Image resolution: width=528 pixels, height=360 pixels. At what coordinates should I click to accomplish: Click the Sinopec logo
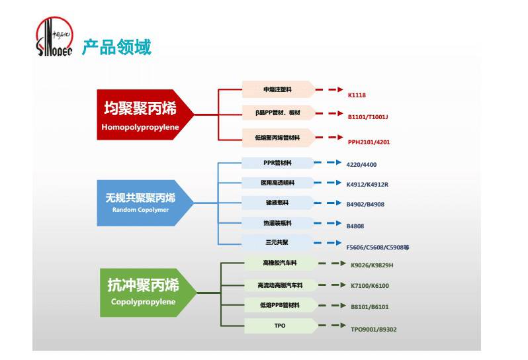(x=54, y=38)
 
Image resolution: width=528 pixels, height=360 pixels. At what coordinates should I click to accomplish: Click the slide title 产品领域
(x=116, y=48)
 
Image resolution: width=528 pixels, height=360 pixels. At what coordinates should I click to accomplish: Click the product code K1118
(x=357, y=95)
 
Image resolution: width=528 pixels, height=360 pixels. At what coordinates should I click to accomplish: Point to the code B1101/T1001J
(x=368, y=117)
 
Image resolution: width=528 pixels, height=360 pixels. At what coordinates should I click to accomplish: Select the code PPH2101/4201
(x=369, y=142)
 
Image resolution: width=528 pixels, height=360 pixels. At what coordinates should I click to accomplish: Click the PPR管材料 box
(x=277, y=163)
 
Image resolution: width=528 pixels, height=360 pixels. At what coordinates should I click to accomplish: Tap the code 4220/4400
(x=362, y=165)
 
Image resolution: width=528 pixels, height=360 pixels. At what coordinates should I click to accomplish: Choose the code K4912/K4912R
(x=367, y=185)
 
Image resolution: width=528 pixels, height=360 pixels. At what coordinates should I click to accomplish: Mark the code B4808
(x=355, y=226)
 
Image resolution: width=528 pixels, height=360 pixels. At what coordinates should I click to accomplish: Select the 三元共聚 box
(x=277, y=242)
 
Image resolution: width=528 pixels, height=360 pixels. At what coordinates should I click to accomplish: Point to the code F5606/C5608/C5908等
(x=378, y=247)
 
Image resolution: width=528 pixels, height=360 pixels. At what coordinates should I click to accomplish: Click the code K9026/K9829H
(x=372, y=265)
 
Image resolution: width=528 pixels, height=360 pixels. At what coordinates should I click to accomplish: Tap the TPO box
(x=280, y=326)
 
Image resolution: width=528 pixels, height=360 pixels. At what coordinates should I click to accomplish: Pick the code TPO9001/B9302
(x=374, y=329)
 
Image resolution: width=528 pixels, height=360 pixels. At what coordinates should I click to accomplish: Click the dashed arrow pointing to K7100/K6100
(x=330, y=285)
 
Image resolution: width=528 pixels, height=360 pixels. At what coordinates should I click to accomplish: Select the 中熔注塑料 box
(x=277, y=89)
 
